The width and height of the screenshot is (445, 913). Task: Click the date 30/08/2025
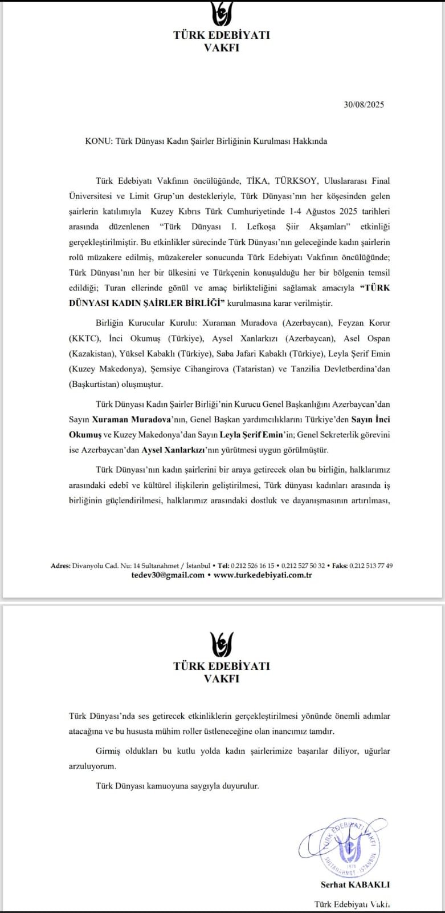coord(364,104)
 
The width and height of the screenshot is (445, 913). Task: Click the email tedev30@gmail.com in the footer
coord(168,575)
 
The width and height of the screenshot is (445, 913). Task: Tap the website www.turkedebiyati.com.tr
coord(263,575)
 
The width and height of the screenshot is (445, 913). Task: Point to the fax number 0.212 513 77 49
coord(371,566)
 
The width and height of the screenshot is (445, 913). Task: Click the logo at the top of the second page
coord(222,644)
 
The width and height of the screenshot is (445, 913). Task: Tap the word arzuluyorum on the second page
coord(92,766)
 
